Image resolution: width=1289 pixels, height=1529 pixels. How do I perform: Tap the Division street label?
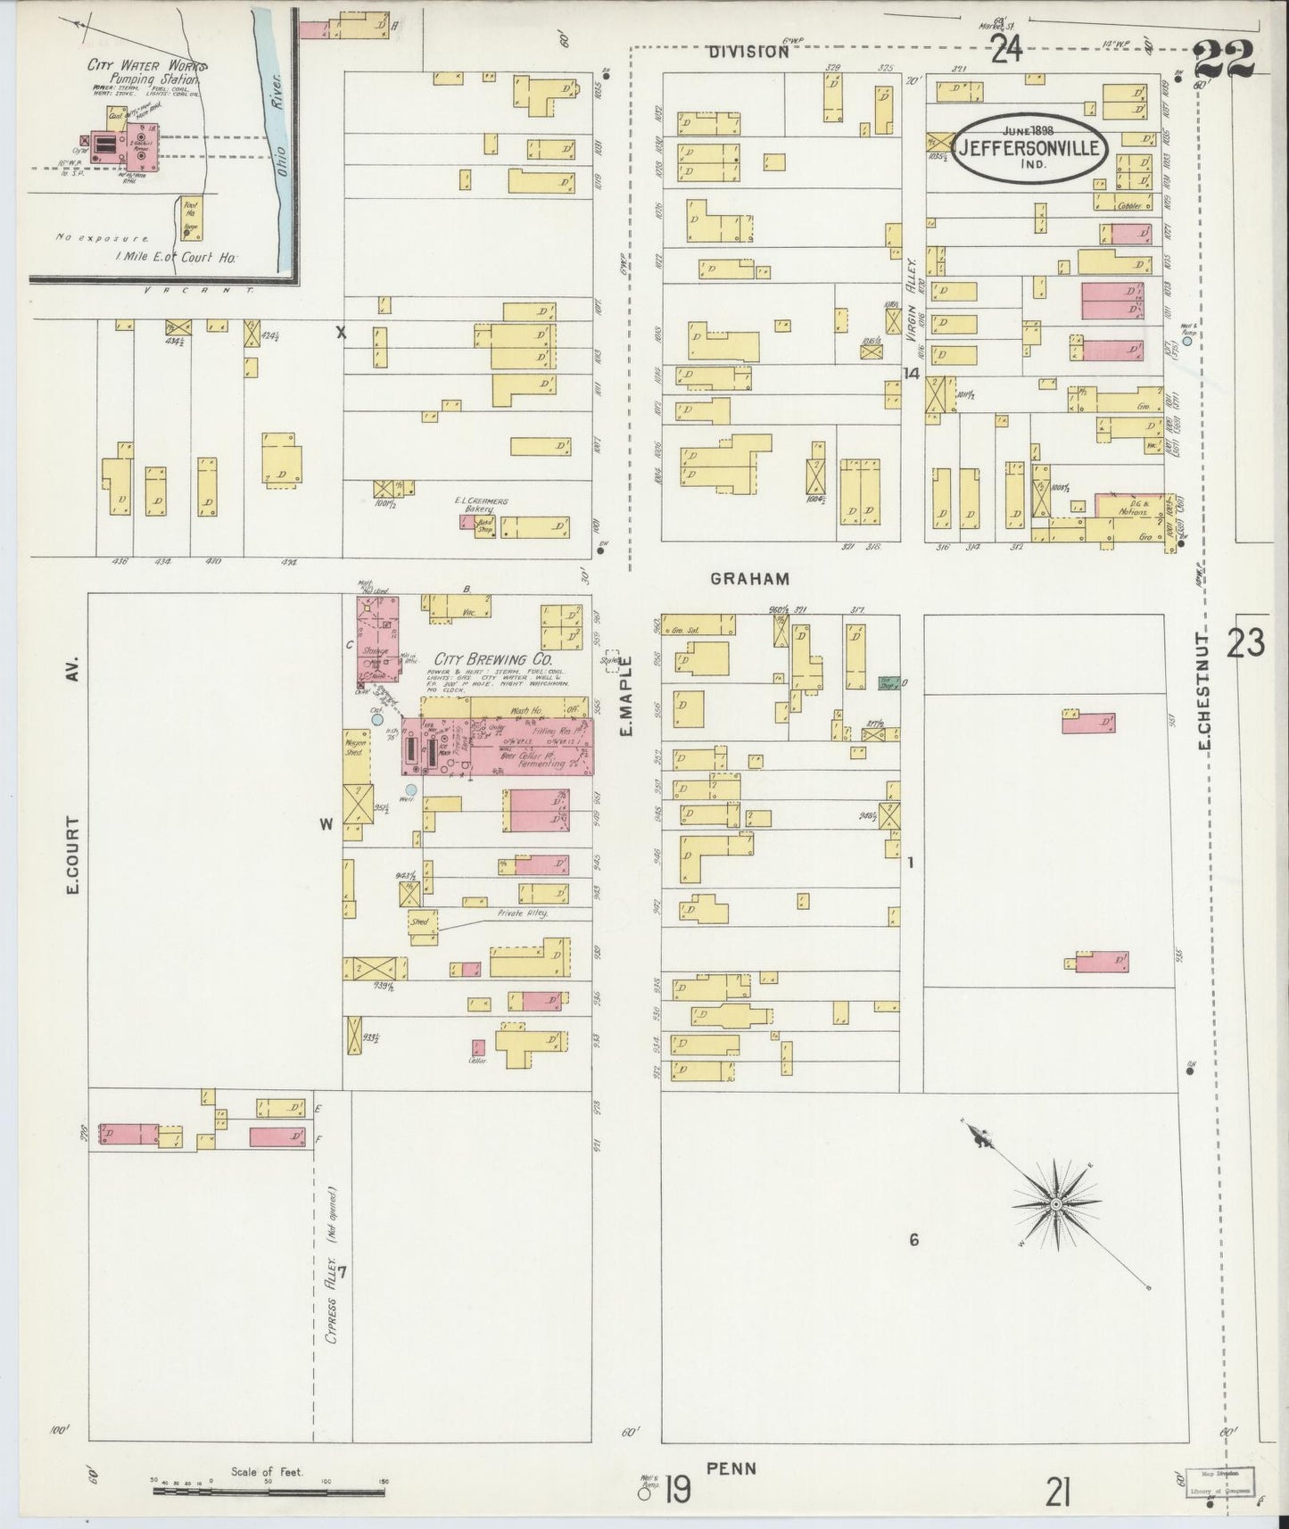(749, 52)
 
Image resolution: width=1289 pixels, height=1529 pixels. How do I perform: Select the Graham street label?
(750, 578)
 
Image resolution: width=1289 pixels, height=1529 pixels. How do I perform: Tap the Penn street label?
(731, 1467)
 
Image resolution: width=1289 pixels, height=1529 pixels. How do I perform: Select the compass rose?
(1056, 1204)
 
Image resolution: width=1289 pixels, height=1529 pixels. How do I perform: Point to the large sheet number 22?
(1224, 61)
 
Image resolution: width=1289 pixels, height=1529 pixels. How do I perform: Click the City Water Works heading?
(147, 66)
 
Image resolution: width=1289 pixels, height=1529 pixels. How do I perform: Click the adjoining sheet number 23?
(1245, 642)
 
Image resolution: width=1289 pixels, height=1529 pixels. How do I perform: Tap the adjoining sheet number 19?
(678, 1490)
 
